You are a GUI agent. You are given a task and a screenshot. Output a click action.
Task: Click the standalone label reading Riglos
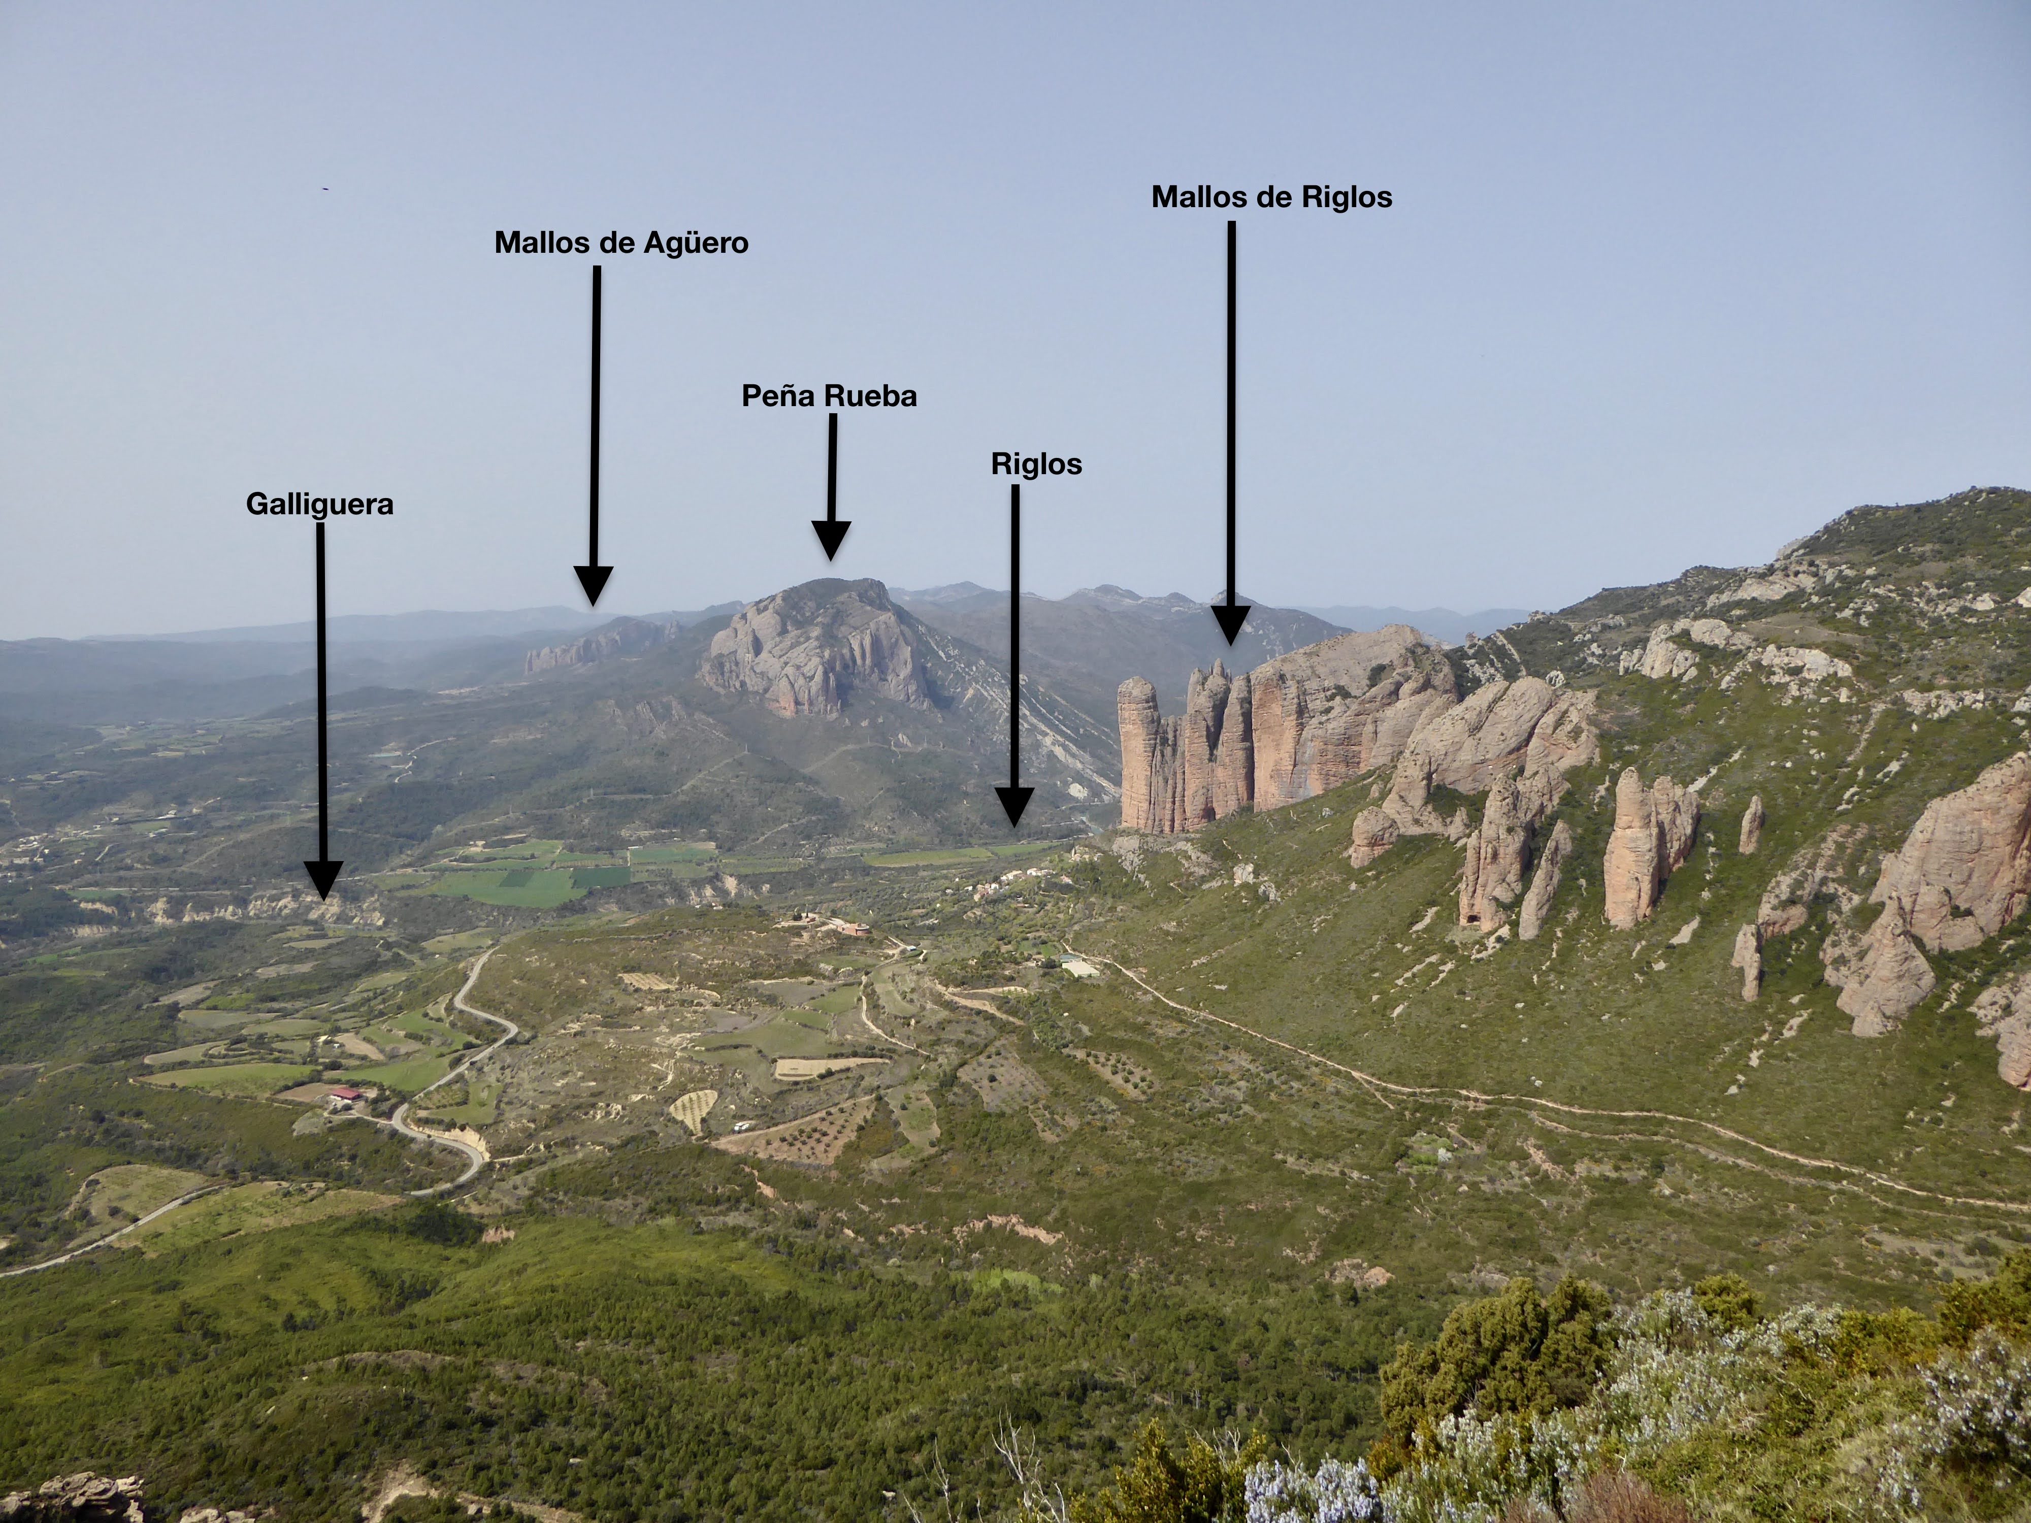tap(1036, 463)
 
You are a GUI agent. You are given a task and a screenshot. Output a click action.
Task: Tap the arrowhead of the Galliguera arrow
tap(322, 879)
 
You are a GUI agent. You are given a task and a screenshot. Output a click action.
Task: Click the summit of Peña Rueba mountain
tap(831, 581)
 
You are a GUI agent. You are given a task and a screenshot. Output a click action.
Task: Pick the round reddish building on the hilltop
tap(856, 929)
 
